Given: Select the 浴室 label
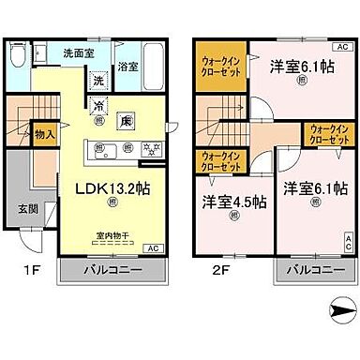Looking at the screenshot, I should click(x=128, y=67).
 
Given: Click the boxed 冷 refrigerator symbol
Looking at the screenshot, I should click(x=99, y=106).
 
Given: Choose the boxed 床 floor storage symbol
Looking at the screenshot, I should click(x=127, y=120).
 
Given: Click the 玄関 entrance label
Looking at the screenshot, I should click(x=28, y=208).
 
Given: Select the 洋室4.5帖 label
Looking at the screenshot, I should click(x=235, y=202).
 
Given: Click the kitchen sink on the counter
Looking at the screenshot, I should click(x=102, y=149).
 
